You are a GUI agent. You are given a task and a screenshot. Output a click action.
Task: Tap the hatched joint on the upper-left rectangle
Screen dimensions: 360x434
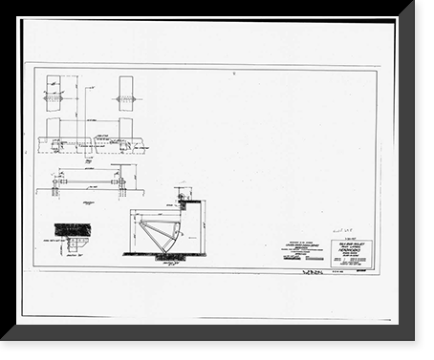pyautogui.click(x=52, y=98)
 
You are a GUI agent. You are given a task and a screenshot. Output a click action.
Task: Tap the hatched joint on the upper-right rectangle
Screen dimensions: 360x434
pyautogui.click(x=125, y=98)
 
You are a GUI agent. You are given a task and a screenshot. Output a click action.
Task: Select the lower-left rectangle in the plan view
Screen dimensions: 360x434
pyautogui.click(x=52, y=129)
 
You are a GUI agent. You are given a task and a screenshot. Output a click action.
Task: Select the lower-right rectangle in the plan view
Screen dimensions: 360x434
pyautogui.click(x=125, y=129)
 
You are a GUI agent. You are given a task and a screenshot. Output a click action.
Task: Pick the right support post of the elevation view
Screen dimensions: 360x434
pyautogui.click(x=122, y=185)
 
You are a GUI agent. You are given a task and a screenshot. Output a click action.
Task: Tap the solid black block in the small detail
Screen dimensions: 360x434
pyautogui.click(x=71, y=229)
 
